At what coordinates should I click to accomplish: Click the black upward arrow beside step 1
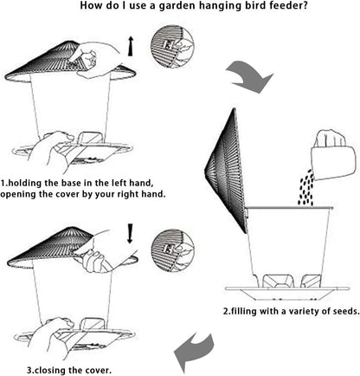click(x=131, y=46)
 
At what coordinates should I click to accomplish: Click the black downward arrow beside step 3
click(x=130, y=233)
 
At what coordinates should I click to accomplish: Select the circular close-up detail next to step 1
click(x=172, y=47)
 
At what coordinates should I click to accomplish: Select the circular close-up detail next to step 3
click(x=172, y=250)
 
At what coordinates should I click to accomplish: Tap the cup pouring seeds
click(x=333, y=162)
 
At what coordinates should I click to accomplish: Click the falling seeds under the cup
click(x=305, y=188)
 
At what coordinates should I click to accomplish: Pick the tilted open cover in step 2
click(x=227, y=171)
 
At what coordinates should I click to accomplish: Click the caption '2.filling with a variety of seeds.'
click(x=292, y=311)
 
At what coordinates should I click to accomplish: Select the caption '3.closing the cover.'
click(x=69, y=370)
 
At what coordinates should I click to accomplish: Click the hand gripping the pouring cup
click(x=331, y=139)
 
